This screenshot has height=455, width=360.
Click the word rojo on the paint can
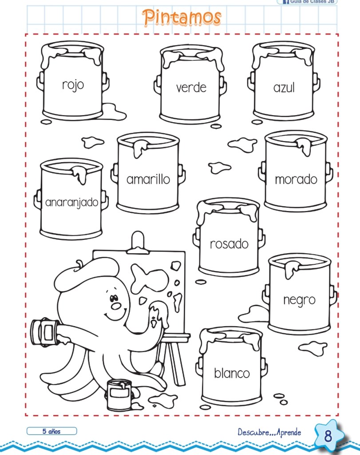pos(73,85)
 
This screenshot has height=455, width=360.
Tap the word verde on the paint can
pos(191,88)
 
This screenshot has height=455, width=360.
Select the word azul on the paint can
pos(284,88)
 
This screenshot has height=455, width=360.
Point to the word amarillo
pos(148,179)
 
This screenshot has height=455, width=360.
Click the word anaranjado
pos(72,202)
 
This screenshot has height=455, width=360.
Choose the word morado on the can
pos(296,180)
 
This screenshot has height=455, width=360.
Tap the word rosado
pos(229,244)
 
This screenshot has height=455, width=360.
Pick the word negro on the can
pos(300,300)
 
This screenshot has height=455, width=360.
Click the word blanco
pos(232,373)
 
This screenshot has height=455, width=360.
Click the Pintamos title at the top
pos(182,17)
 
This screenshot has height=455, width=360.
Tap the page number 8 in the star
pos(328,435)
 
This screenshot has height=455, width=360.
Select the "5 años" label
pos(51,431)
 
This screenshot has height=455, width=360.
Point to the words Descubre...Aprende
pos(269,432)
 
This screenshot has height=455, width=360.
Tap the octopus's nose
pos(116,306)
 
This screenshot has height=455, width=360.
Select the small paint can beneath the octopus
pos(119,395)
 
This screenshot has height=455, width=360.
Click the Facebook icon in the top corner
pos(286,2)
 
